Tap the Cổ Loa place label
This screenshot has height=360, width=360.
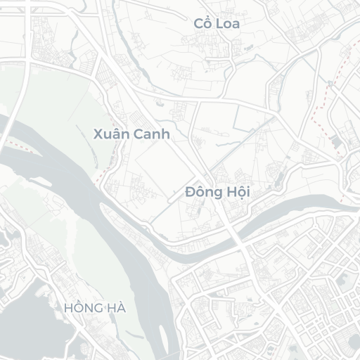(217, 24)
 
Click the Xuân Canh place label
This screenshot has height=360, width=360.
(131, 133)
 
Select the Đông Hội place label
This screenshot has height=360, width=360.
(218, 192)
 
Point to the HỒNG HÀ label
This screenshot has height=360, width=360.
(94, 308)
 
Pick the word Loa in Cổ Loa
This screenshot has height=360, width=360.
(229, 24)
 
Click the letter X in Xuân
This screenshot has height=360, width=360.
(98, 133)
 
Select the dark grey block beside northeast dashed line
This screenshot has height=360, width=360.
(336, 144)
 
